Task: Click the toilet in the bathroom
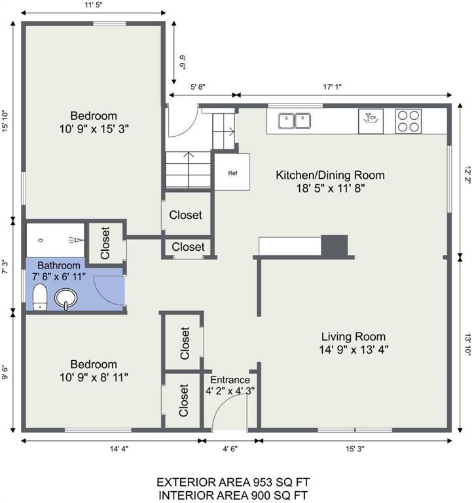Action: click(40, 297)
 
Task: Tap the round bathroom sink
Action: click(65, 299)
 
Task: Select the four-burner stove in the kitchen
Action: click(408, 121)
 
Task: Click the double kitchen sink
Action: click(294, 121)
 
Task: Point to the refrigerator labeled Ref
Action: click(232, 172)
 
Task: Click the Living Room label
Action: click(354, 337)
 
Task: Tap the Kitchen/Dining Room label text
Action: click(331, 175)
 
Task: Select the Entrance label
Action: click(230, 380)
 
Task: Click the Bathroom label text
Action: click(59, 265)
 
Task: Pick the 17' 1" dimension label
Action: click(332, 86)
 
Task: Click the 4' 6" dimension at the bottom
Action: click(230, 449)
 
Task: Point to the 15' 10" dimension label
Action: click(5, 121)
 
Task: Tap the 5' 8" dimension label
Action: click(198, 86)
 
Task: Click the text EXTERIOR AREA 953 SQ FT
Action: click(233, 482)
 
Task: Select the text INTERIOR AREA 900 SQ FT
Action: click(233, 495)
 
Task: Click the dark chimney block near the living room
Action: click(334, 246)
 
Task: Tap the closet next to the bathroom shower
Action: click(105, 243)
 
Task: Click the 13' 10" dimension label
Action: click(468, 345)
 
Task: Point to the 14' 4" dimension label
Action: click(119, 449)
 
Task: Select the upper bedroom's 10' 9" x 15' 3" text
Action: click(94, 129)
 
